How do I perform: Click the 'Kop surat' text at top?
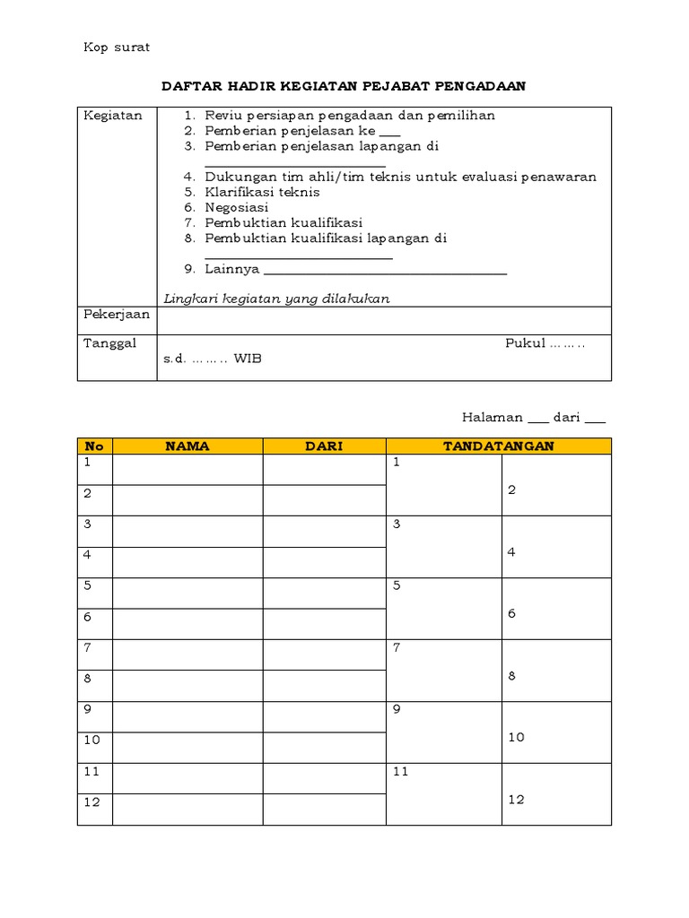point(117,48)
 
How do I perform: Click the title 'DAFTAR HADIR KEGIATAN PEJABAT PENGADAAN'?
point(344,86)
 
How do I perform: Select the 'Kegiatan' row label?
point(113,116)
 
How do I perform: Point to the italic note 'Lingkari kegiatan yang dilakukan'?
point(276,299)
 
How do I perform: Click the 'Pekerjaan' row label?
point(117,316)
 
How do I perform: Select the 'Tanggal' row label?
point(110,344)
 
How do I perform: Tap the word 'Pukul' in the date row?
point(525,344)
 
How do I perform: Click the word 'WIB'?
point(249,359)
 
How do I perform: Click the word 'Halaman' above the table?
point(492,417)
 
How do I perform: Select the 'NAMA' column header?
point(188,446)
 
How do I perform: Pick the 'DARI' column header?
point(324,446)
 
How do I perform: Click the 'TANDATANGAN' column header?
point(498,446)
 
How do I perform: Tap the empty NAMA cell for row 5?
point(188,593)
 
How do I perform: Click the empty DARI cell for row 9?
point(324,717)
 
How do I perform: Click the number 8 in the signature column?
point(511,676)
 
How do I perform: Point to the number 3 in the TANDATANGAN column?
point(397,524)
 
